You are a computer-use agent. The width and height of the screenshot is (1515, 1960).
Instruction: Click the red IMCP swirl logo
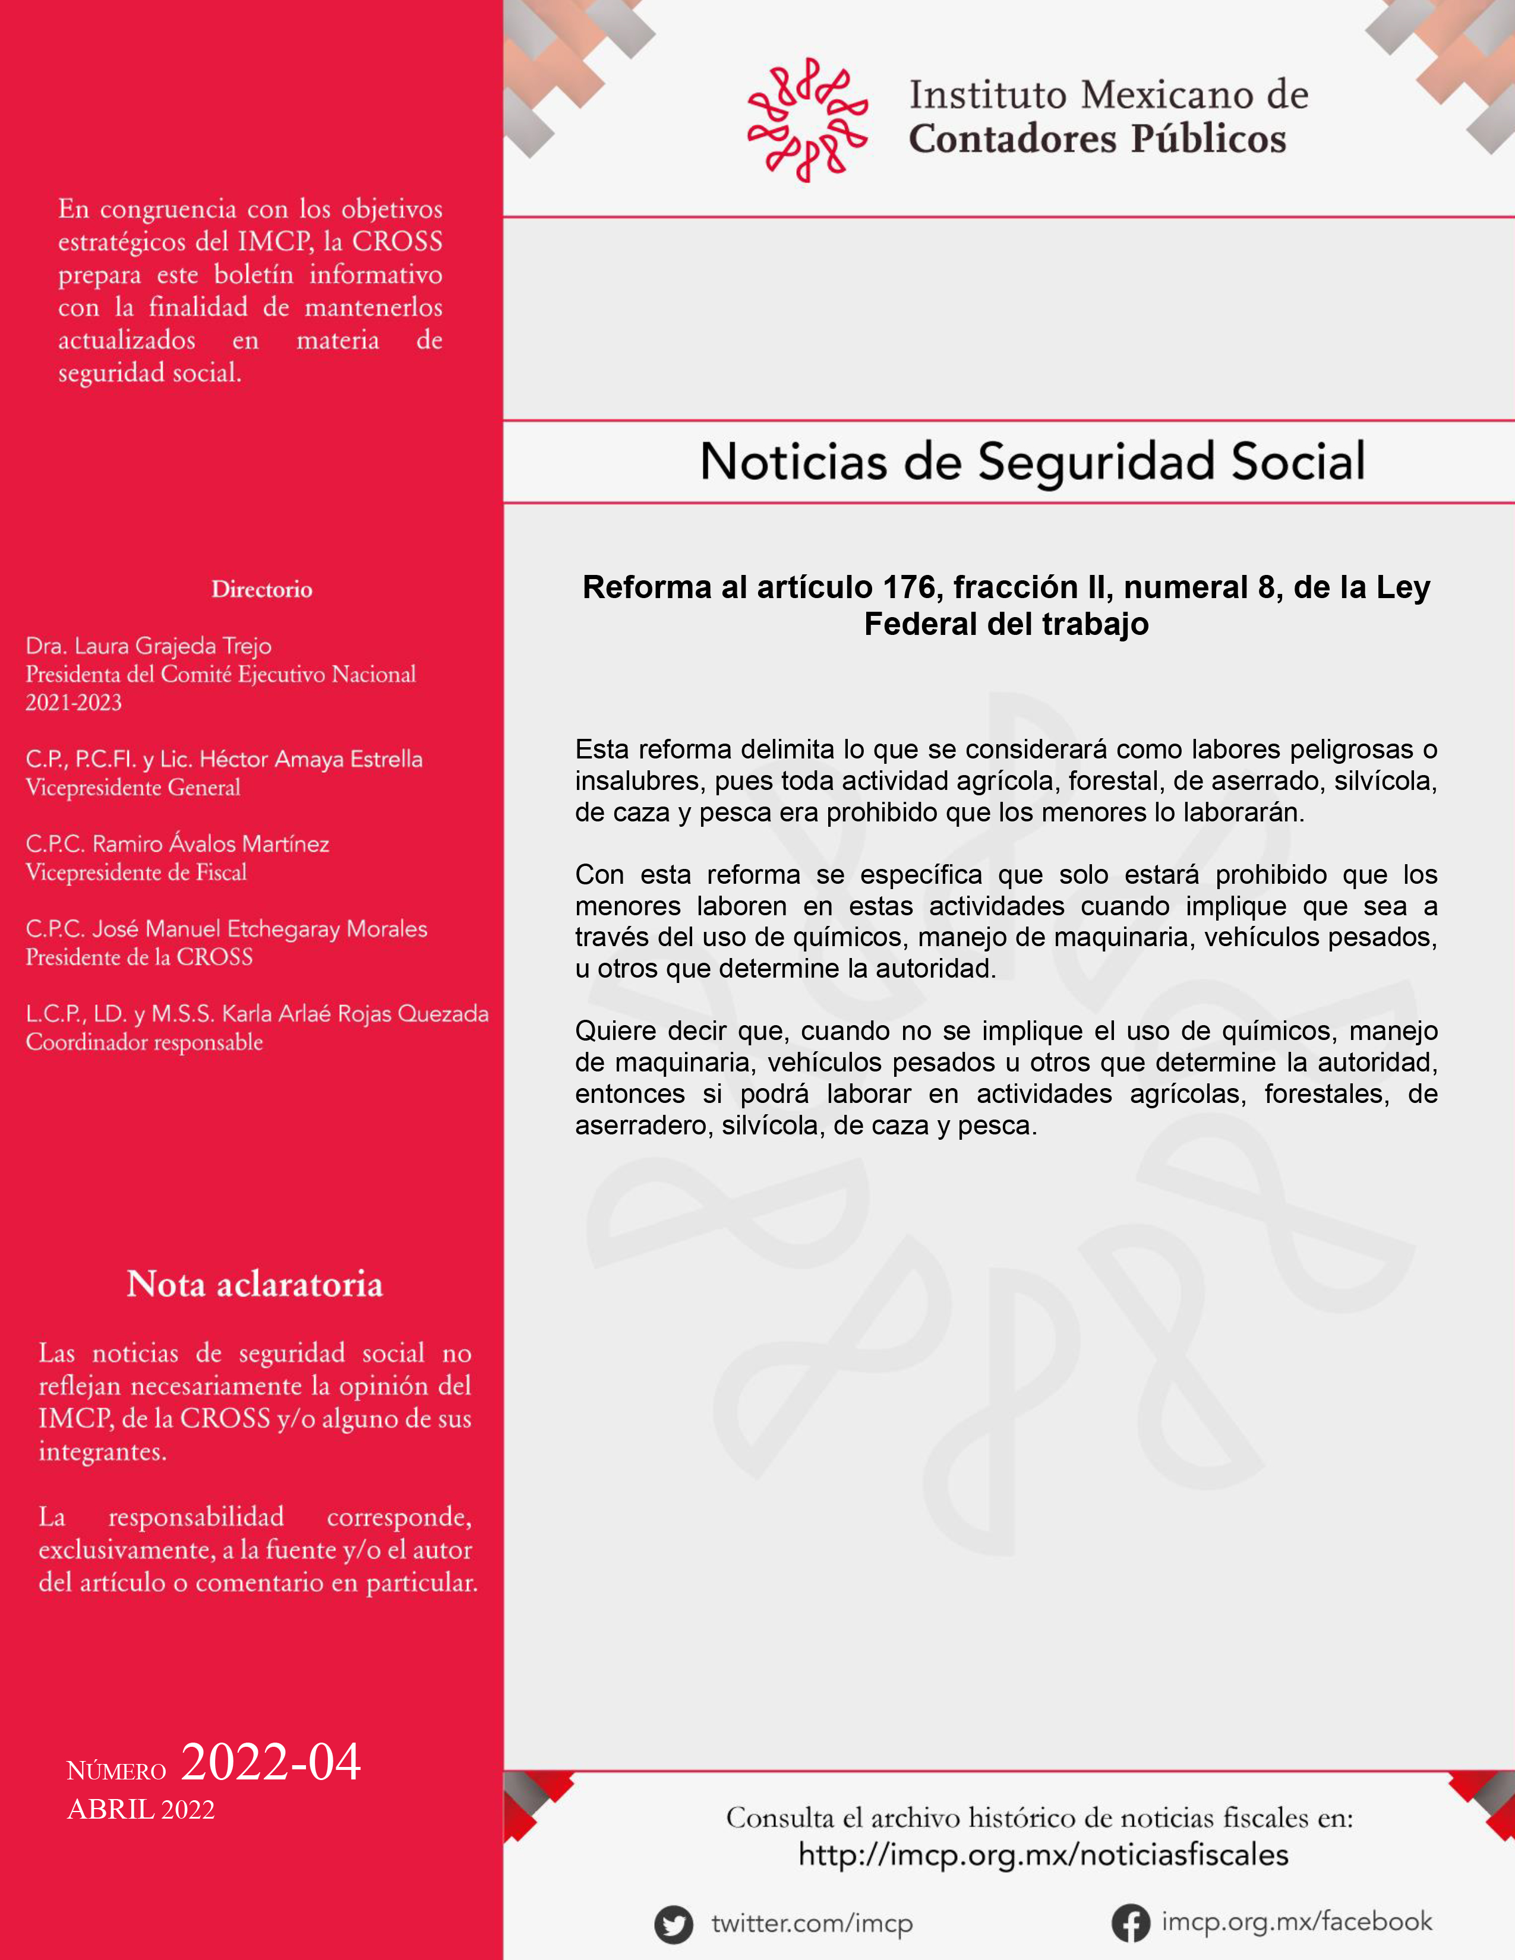click(x=807, y=119)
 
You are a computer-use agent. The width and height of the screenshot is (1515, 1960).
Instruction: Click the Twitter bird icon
click(x=673, y=1924)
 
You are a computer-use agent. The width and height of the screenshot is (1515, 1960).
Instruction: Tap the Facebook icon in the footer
click(x=1130, y=1923)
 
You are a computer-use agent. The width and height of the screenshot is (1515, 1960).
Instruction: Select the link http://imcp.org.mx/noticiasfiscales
click(x=1043, y=1855)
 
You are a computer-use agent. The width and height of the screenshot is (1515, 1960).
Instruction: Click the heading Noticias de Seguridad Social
click(x=1032, y=462)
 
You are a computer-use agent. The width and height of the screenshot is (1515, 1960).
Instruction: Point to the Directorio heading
click(x=262, y=590)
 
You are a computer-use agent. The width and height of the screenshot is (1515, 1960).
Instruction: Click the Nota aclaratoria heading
click(x=255, y=1284)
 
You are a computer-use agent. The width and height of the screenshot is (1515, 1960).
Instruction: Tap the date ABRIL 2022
click(x=141, y=1810)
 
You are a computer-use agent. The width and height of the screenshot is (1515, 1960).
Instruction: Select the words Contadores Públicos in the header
click(x=1097, y=139)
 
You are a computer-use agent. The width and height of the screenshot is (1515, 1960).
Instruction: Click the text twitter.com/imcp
click(x=812, y=1924)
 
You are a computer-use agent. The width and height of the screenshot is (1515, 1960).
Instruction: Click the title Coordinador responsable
click(x=144, y=1043)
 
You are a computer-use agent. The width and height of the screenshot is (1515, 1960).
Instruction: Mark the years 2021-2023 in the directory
click(x=74, y=703)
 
